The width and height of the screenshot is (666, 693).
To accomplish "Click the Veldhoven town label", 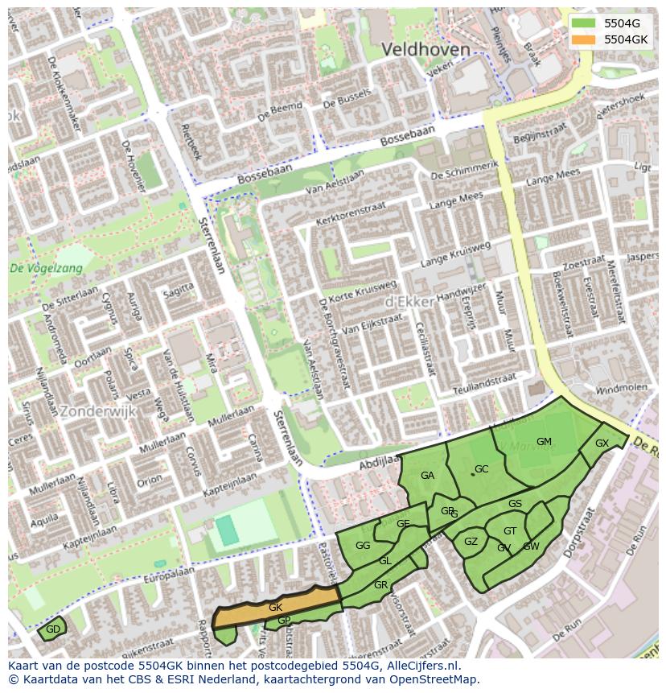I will coord(425,50).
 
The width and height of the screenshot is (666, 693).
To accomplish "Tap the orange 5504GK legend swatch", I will coord(584,39).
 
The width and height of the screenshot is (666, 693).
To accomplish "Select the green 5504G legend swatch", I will coord(584,23).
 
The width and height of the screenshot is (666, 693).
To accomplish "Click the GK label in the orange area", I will coord(275,608).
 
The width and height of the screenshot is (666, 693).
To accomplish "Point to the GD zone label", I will coord(53,629).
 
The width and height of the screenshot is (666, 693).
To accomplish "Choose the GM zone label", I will coord(544,441).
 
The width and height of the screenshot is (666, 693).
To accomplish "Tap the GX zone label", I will coord(602,443).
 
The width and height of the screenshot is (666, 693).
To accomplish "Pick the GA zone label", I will coord(427,476).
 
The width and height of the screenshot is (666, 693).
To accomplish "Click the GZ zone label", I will coord(471,542).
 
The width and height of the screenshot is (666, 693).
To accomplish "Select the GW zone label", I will coord(531,547).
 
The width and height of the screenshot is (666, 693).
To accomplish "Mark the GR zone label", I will coord(381,585).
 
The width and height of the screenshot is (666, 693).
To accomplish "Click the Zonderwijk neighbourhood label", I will coord(98,410).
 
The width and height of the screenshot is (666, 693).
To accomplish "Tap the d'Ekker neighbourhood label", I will coord(410,300).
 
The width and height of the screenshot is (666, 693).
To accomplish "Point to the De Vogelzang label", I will coord(46,269).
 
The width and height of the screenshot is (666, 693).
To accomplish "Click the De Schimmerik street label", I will coord(464,170).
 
